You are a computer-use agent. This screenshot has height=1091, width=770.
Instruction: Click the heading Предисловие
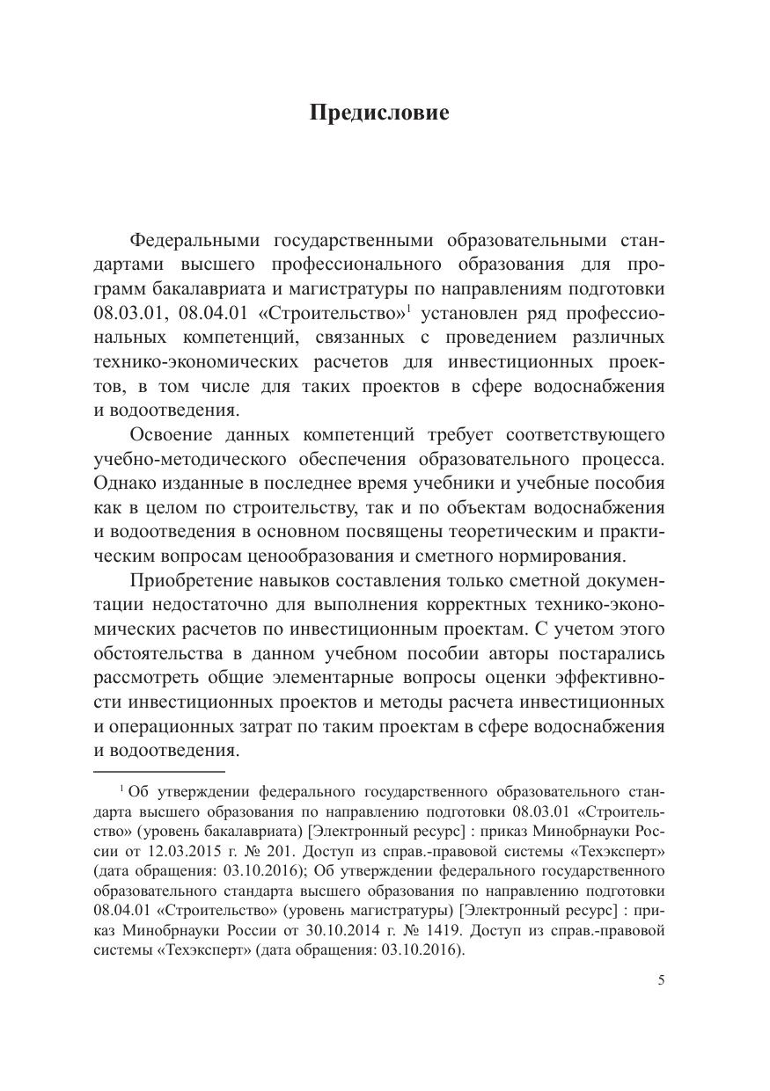[379, 113]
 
